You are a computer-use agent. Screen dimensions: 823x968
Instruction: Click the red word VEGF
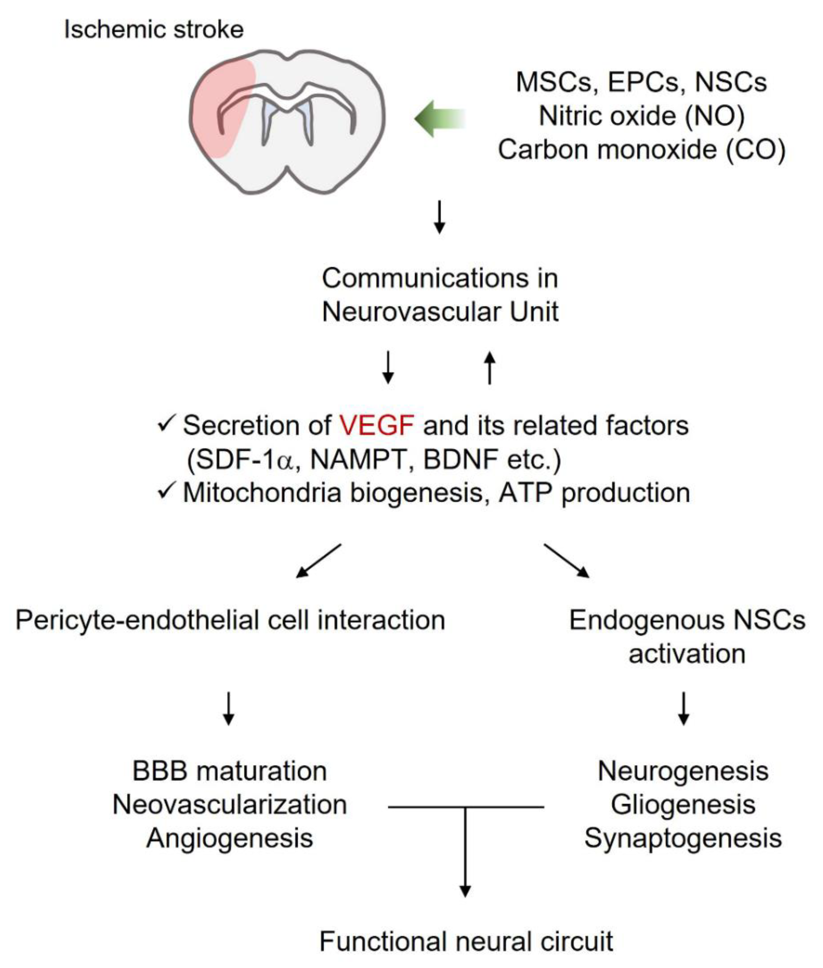click(376, 426)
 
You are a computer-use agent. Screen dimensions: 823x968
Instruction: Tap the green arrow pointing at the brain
click(440, 119)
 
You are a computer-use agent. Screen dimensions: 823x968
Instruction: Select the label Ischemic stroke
click(154, 29)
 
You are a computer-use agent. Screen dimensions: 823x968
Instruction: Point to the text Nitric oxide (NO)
click(642, 116)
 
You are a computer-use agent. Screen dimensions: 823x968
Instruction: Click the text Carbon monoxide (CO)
click(642, 150)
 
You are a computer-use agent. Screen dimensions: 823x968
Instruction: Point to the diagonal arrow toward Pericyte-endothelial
click(319, 561)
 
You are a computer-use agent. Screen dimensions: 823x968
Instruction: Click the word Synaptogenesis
click(683, 839)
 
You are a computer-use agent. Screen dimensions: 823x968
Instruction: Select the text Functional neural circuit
click(466, 941)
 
